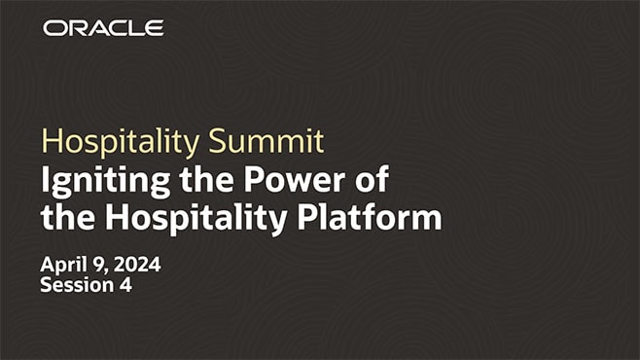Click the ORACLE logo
pyautogui.click(x=103, y=29)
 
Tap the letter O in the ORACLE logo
pyautogui.click(x=53, y=29)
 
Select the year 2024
pyautogui.click(x=139, y=265)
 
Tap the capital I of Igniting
pyautogui.click(x=46, y=180)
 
